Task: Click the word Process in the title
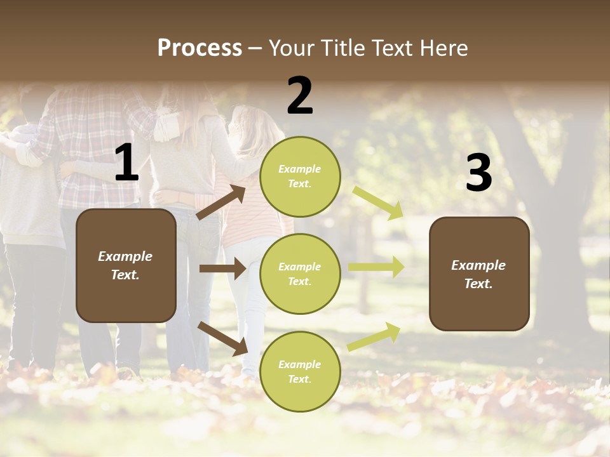pyautogui.click(x=200, y=48)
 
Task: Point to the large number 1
pyautogui.click(x=126, y=163)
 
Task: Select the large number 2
pyautogui.click(x=300, y=96)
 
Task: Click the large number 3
pyautogui.click(x=478, y=173)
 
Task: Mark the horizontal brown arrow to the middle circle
pyautogui.click(x=222, y=268)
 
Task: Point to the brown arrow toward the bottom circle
pyautogui.click(x=222, y=338)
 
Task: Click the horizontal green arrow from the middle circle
pyautogui.click(x=376, y=267)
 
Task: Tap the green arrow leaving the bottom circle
pyautogui.click(x=374, y=336)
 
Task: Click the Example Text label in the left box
pyautogui.click(x=125, y=265)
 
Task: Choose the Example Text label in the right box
pyautogui.click(x=478, y=274)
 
